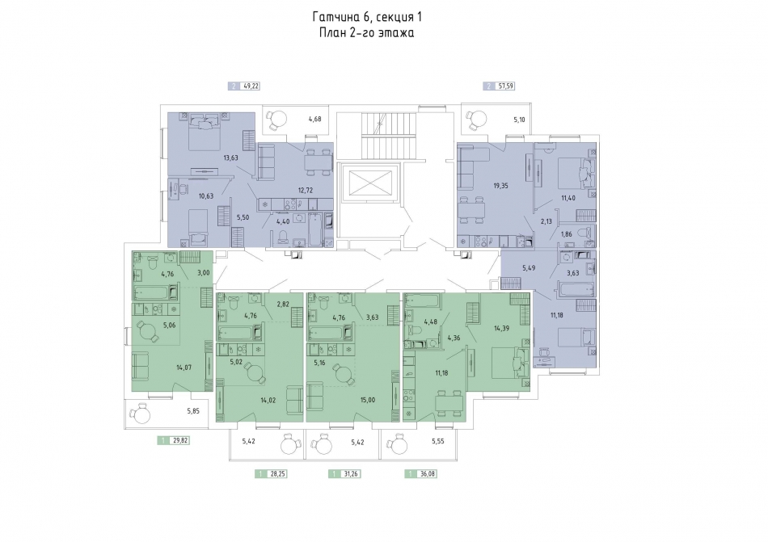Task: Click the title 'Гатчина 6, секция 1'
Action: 367,17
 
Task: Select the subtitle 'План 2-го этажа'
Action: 367,33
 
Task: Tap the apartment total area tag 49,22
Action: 244,86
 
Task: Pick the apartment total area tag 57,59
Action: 499,86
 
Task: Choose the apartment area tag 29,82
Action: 173,440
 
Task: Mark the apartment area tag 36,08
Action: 420,473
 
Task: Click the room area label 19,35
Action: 500,186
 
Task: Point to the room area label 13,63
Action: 230,158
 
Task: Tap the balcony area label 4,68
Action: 315,119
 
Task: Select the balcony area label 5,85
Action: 193,411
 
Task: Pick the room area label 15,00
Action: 367,400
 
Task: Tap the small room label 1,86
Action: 566,234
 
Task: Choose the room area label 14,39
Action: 501,328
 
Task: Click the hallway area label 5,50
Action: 243,217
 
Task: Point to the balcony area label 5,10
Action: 519,119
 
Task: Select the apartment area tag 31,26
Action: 345,473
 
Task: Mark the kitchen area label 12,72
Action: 305,191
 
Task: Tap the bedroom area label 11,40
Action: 568,198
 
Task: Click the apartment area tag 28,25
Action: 271,473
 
